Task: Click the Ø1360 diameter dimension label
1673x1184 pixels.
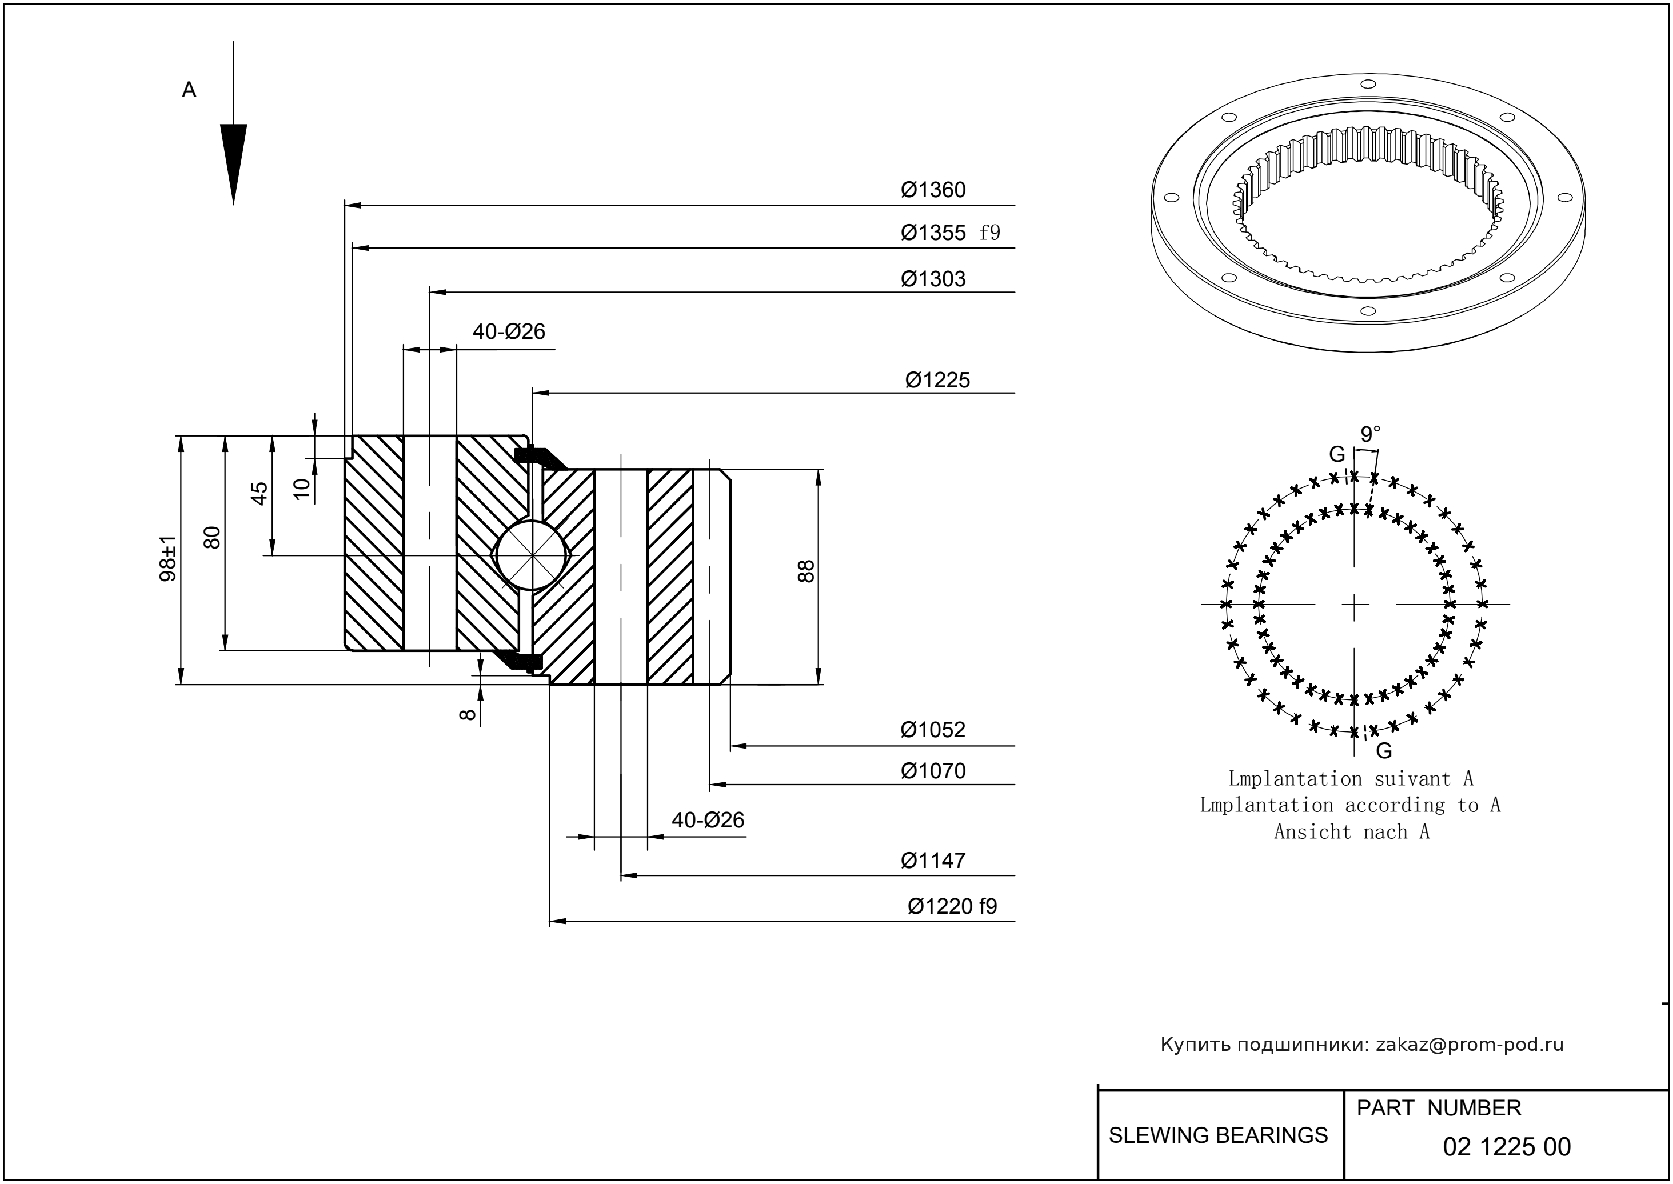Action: pos(933,190)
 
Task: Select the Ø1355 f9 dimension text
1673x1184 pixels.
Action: pos(949,233)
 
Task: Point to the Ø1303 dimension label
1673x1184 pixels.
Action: pos(933,279)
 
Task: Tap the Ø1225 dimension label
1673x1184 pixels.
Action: pos(937,381)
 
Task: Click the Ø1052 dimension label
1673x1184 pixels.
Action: pos(933,730)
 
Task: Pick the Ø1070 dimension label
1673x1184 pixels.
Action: pos(933,771)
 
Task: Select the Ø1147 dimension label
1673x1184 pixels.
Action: pos(933,861)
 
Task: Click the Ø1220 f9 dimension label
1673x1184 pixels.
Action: pos(952,906)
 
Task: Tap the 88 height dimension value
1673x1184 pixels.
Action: pos(806,571)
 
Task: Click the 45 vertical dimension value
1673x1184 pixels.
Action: pos(259,494)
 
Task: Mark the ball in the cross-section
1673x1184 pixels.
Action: pos(533,555)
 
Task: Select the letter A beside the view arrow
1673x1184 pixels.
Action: pos(189,90)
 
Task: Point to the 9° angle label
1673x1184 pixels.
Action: pos(1370,434)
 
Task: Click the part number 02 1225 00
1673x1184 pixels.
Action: pos(1507,1147)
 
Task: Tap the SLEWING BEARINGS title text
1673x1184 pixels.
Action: pos(1218,1135)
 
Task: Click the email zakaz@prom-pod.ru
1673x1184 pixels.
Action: pos(1470,1045)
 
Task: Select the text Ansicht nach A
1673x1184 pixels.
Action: pos(1351,832)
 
